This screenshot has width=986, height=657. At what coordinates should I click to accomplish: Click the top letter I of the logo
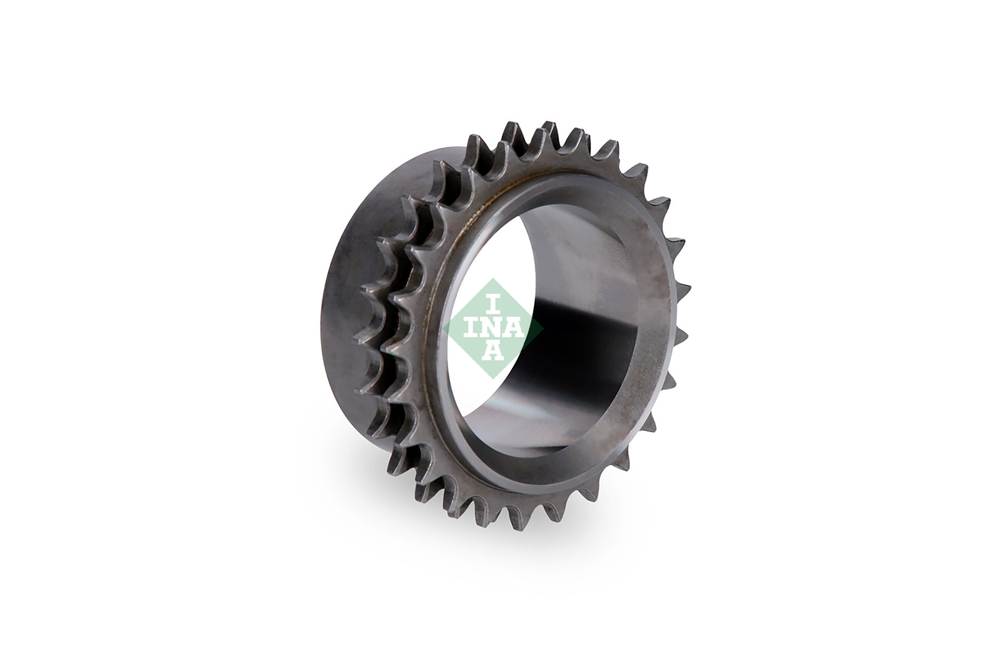tap(493, 304)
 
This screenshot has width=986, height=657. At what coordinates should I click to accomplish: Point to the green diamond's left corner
tap(442, 329)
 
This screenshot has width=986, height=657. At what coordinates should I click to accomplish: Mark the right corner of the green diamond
tap(543, 329)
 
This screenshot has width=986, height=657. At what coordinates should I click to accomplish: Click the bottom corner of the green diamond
tap(492, 379)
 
